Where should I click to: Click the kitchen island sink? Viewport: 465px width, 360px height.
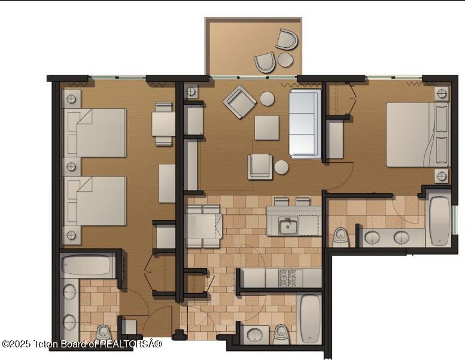pyautogui.click(x=288, y=225)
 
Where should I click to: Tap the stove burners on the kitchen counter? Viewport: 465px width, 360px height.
pyautogui.click(x=288, y=277)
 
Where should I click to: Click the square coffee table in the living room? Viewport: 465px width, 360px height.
pyautogui.click(x=266, y=127)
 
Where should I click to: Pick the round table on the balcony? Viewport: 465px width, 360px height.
pyautogui.click(x=285, y=60)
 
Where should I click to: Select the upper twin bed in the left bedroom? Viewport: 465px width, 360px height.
pyautogui.click(x=95, y=132)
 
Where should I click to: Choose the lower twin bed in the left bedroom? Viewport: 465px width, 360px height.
pyautogui.click(x=95, y=201)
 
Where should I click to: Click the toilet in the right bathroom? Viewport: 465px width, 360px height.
pyautogui.click(x=341, y=236)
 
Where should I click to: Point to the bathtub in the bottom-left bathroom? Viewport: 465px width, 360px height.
pyautogui.click(x=87, y=265)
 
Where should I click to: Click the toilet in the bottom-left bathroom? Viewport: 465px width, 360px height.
pyautogui.click(x=103, y=332)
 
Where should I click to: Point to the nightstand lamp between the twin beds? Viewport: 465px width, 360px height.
pyautogui.click(x=71, y=166)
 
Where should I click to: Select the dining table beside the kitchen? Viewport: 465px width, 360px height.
pyautogui.click(x=202, y=226)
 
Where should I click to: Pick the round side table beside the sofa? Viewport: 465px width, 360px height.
pyautogui.click(x=281, y=167)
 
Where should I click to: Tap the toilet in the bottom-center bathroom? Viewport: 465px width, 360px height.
pyautogui.click(x=281, y=334)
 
